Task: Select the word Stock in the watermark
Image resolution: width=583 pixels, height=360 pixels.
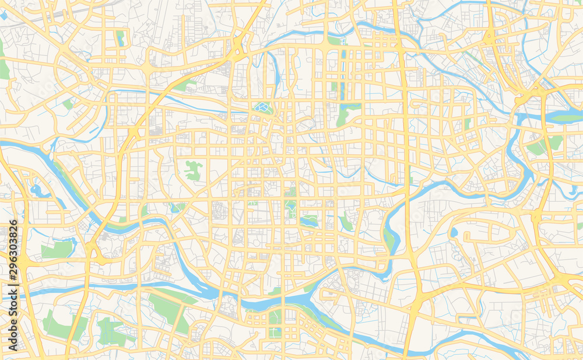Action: [13, 310]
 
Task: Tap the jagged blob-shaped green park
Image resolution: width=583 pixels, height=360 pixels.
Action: [194, 170]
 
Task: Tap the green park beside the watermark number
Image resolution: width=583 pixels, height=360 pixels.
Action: [57, 249]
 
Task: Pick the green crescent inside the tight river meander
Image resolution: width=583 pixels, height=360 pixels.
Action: [389, 236]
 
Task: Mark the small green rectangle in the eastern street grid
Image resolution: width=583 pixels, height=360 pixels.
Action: [467, 124]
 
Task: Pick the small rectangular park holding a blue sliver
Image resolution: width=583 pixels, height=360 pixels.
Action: [121, 39]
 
